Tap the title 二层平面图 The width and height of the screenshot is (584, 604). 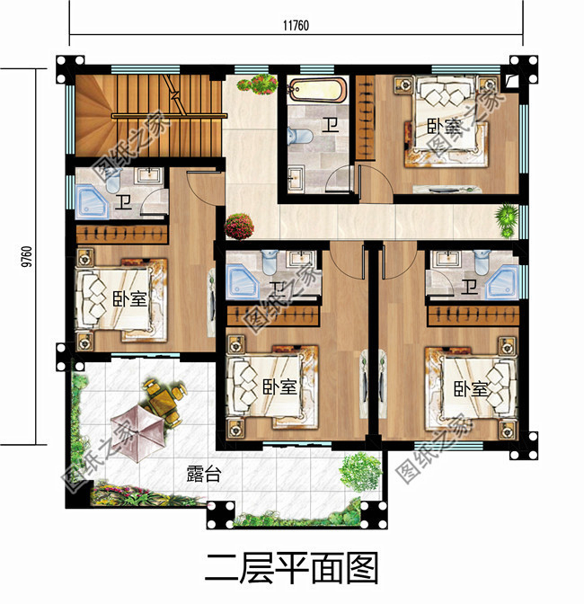291,569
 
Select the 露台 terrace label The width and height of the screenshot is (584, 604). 203,475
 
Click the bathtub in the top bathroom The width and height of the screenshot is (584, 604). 314,91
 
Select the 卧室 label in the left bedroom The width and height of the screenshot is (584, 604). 131,299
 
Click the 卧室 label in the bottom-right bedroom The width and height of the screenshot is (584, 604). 471,388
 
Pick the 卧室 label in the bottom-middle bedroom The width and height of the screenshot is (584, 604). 280,387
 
